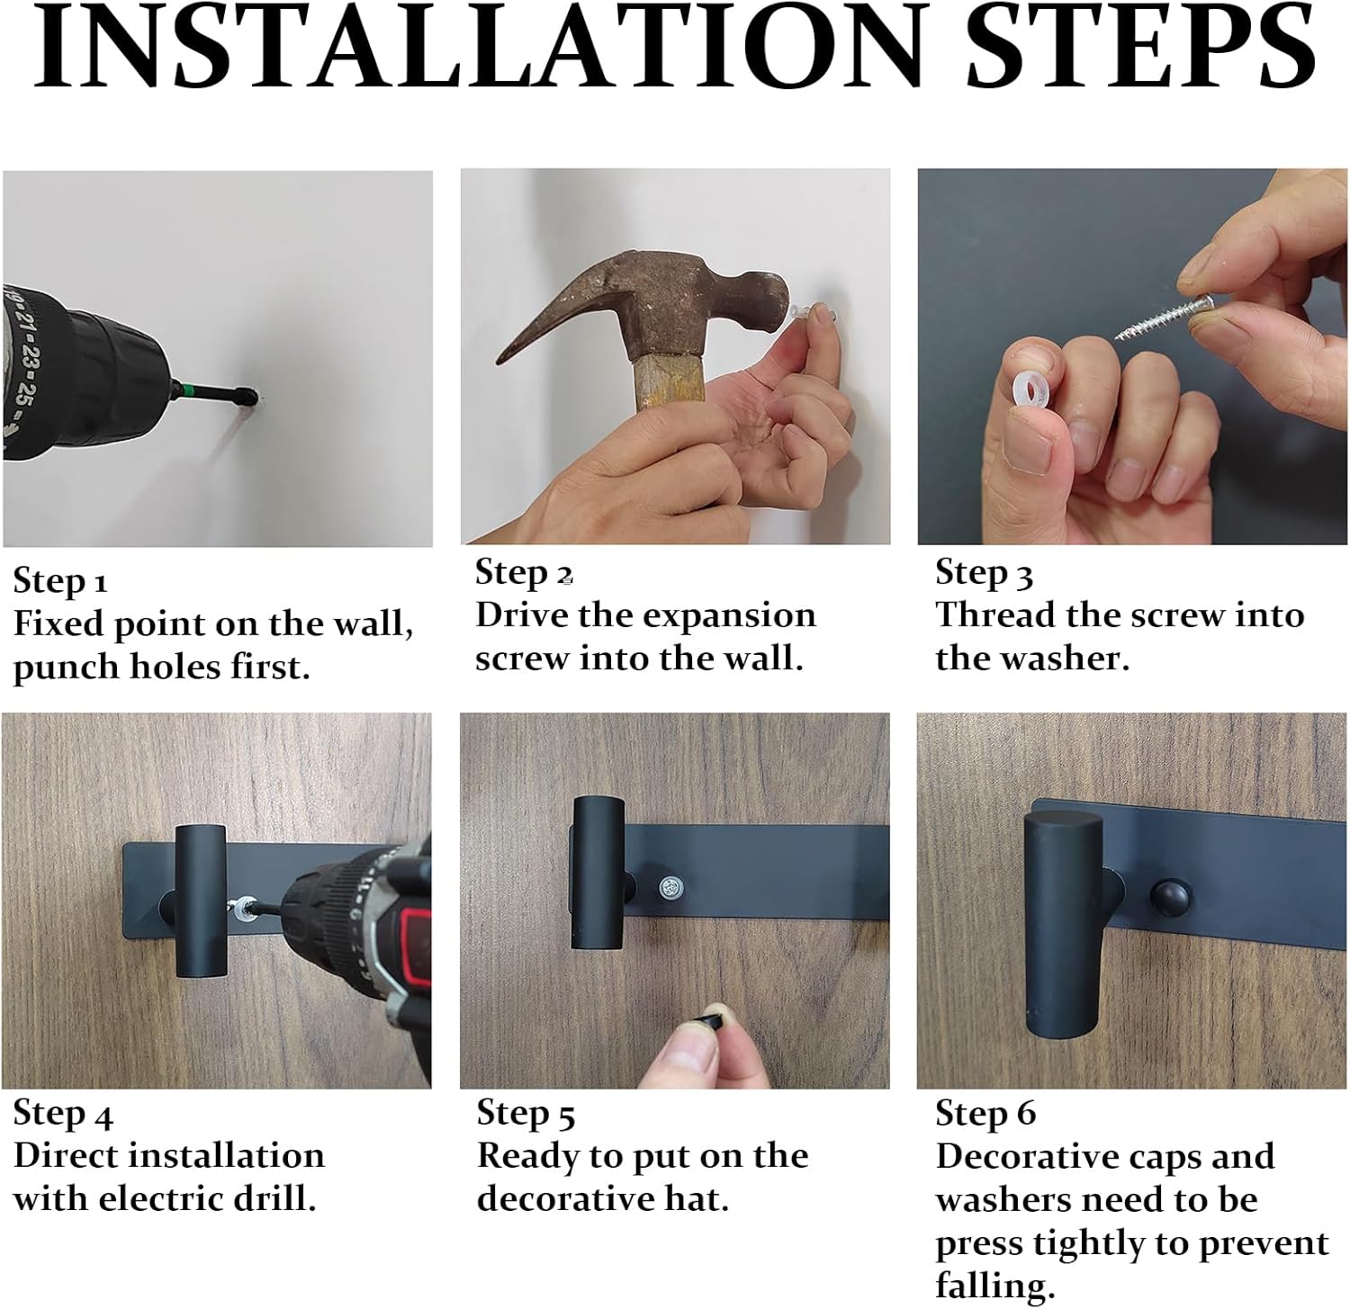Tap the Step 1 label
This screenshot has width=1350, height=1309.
(x=60, y=581)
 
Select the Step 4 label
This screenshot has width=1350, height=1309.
(x=63, y=1114)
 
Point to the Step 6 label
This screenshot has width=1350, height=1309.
(x=985, y=1114)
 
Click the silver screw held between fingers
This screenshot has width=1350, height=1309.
(x=1166, y=321)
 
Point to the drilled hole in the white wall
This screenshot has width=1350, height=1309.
(x=256, y=397)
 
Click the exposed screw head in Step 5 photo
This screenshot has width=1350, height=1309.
(x=670, y=888)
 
